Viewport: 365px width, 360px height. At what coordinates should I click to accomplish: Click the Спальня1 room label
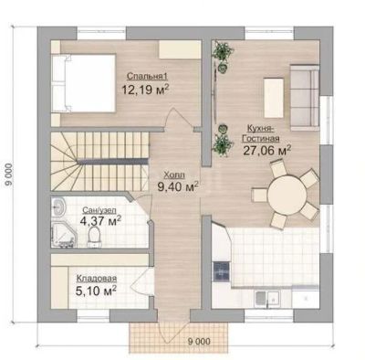tap(147, 76)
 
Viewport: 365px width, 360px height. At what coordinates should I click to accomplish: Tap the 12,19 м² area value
tap(145, 90)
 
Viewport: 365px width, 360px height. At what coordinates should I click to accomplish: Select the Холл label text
tap(174, 175)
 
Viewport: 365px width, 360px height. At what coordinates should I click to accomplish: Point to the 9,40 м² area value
tap(178, 186)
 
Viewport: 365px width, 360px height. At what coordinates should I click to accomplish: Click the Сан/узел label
tap(99, 210)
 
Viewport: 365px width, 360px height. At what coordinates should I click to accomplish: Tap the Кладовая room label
tap(97, 279)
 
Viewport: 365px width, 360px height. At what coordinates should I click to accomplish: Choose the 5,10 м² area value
tap(96, 291)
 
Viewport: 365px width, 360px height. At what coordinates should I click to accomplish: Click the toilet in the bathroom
tap(94, 237)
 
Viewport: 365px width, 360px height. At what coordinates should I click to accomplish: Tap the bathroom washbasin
tap(57, 208)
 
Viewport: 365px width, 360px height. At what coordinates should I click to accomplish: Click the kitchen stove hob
tap(222, 271)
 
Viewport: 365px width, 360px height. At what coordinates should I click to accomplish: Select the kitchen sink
tap(267, 298)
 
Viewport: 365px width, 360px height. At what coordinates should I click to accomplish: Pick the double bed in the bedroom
tap(83, 83)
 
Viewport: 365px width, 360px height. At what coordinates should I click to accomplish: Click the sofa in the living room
tap(305, 98)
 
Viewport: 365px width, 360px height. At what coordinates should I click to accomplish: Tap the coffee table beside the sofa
tap(274, 98)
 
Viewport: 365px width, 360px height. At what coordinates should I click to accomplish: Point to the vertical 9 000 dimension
tap(9, 175)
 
